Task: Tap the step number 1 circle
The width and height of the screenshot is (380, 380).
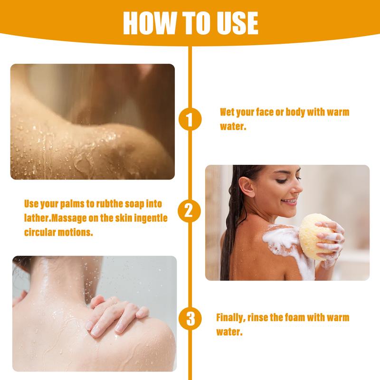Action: click(190, 119)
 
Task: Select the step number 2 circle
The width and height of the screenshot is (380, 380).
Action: click(189, 211)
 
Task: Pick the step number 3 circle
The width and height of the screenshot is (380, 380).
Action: click(190, 318)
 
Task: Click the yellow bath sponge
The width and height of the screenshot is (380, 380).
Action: click(317, 236)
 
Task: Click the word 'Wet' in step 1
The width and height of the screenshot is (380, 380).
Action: click(227, 112)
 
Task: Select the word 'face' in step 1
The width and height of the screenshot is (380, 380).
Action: click(265, 112)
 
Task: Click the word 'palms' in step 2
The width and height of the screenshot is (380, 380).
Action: click(72, 205)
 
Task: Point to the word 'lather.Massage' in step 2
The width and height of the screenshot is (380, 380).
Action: click(55, 218)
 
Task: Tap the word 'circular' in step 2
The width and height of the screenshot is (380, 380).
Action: click(40, 232)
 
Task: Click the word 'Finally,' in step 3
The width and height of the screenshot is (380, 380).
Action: click(231, 318)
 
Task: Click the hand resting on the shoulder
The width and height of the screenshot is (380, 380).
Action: click(116, 315)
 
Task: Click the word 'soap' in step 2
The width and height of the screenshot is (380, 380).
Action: click(134, 205)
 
